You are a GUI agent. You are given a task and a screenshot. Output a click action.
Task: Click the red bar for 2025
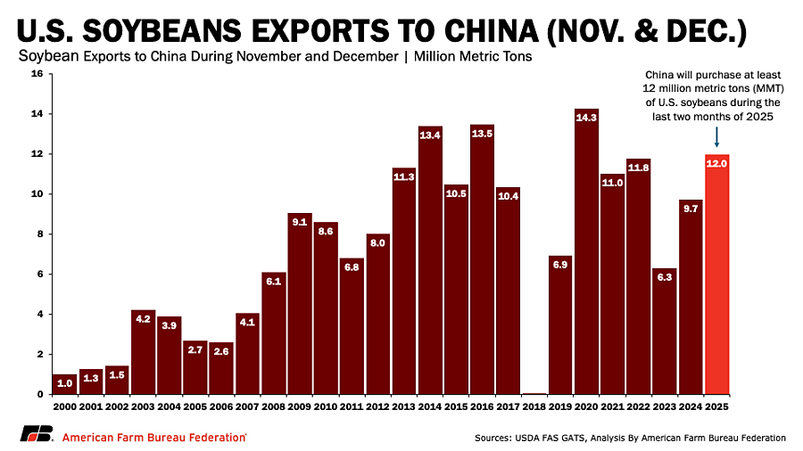(x=717, y=276)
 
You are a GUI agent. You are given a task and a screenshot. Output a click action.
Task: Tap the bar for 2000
(x=65, y=384)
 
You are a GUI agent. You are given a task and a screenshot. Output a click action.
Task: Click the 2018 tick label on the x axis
(x=534, y=406)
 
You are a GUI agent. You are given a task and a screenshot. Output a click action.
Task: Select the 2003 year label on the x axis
(x=143, y=406)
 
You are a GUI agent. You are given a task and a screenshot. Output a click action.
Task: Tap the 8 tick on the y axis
(x=40, y=234)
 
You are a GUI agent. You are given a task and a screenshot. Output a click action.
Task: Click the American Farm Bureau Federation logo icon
(x=35, y=436)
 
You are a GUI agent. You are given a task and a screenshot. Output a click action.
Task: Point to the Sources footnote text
(x=630, y=438)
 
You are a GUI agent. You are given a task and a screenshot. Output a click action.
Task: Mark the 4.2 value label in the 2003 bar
(x=143, y=319)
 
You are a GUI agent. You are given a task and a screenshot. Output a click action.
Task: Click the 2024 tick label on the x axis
(x=691, y=406)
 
